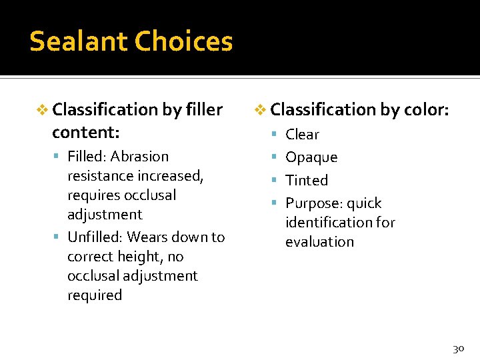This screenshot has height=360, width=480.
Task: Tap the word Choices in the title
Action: pyautogui.click(x=183, y=41)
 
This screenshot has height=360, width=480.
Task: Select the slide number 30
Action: pyautogui.click(x=458, y=348)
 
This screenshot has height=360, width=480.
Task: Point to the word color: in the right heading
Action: pyautogui.click(x=425, y=109)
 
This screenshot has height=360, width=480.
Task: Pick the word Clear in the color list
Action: pyautogui.click(x=302, y=135)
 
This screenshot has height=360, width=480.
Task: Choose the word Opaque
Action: pyautogui.click(x=311, y=157)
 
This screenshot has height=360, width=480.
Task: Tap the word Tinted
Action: pyautogui.click(x=307, y=180)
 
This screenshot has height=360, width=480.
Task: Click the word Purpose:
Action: pyautogui.click(x=313, y=203)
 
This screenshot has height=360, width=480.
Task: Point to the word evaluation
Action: pyautogui.click(x=319, y=242)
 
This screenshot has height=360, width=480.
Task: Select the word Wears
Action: pyautogui.click(x=147, y=237)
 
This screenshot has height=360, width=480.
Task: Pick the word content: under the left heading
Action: pyautogui.click(x=85, y=132)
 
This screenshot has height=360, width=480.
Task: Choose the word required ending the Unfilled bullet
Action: pyautogui.click(x=95, y=295)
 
